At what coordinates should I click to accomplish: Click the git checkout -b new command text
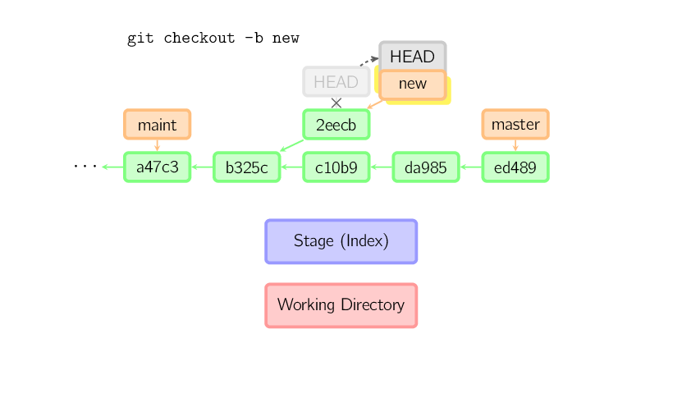(213, 39)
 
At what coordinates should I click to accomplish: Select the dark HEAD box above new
(412, 57)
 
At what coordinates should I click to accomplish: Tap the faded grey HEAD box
(336, 82)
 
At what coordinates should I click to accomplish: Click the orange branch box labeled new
(412, 84)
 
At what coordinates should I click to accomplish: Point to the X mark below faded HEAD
(336, 103)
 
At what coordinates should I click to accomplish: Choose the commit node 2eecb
(336, 125)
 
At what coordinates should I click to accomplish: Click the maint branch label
(157, 125)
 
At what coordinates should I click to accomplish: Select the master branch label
(515, 125)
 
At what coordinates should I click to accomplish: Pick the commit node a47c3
(157, 167)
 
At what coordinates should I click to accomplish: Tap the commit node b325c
(246, 167)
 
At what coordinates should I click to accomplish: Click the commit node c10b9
(336, 167)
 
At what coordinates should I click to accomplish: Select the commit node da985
(425, 167)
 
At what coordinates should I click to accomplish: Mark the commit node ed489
(515, 167)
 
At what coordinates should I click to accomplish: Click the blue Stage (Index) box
(341, 241)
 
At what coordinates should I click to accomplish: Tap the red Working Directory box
(341, 305)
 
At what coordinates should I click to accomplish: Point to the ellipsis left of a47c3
(85, 167)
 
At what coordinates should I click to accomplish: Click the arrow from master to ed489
(515, 145)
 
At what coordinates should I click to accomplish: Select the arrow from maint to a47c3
(157, 145)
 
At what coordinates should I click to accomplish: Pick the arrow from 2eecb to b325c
(291, 145)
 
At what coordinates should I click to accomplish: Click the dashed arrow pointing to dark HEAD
(368, 62)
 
